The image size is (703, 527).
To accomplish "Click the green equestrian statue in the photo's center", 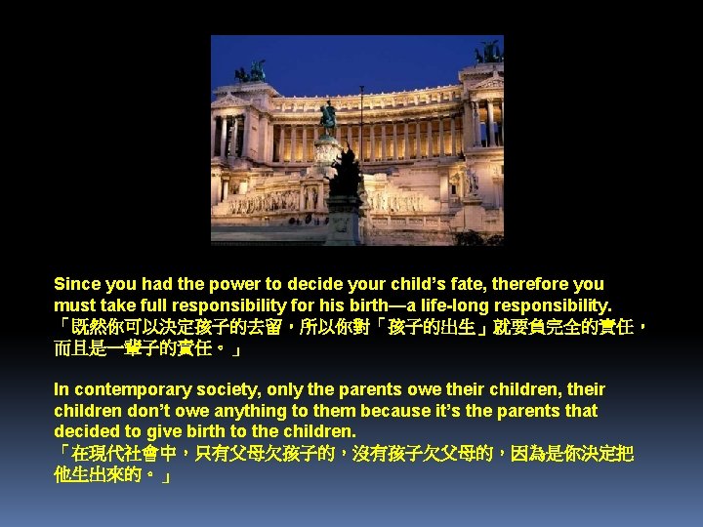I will [x=329, y=117].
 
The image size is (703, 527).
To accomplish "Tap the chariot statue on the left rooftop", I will [x=252, y=71].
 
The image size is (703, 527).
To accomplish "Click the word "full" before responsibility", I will [x=146, y=305].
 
